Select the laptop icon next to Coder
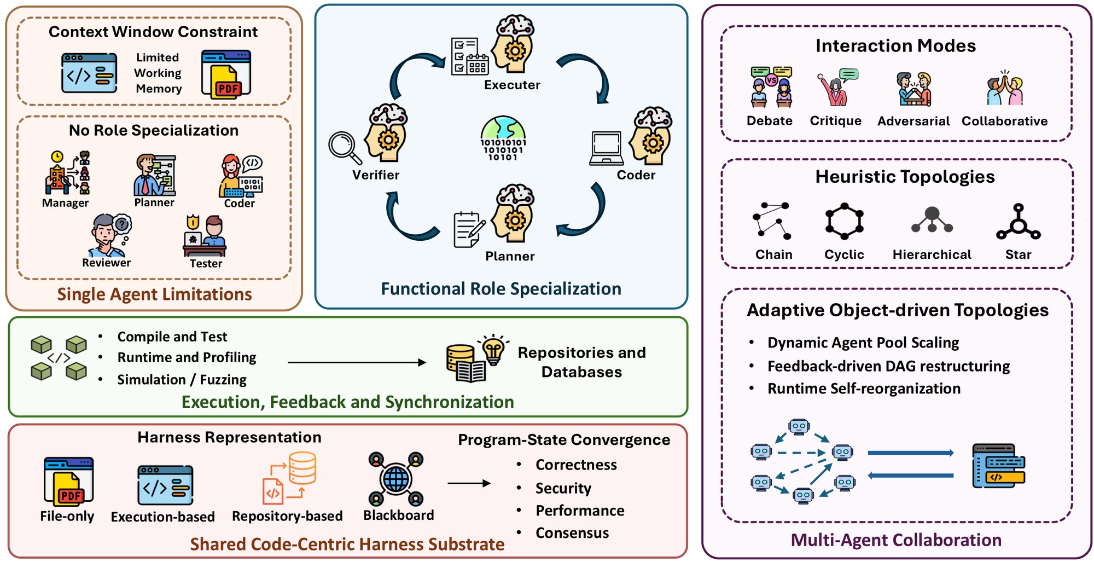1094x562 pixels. pyautogui.click(x=607, y=148)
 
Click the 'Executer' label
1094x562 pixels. pyautogui.click(x=512, y=85)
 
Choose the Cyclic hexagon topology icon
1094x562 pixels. pyautogui.click(x=844, y=221)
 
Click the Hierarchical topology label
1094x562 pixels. pyautogui.click(x=932, y=254)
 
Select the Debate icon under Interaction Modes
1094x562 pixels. pyautogui.click(x=771, y=87)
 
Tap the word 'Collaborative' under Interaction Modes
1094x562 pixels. pyautogui.click(x=1004, y=121)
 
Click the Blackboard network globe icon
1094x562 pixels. pyautogui.click(x=396, y=479)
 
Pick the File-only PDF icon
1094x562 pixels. pyautogui.click(x=69, y=482)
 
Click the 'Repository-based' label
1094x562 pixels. pyautogui.click(x=287, y=516)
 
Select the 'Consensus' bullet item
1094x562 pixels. pyautogui.click(x=572, y=533)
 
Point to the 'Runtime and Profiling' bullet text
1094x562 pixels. pyautogui.click(x=187, y=357)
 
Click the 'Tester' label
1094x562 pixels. pyautogui.click(x=206, y=263)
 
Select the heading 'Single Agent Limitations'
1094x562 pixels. pyautogui.click(x=154, y=294)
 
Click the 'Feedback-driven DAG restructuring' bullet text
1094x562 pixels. pyautogui.click(x=888, y=366)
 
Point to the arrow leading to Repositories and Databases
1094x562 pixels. pyautogui.click(x=357, y=362)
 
